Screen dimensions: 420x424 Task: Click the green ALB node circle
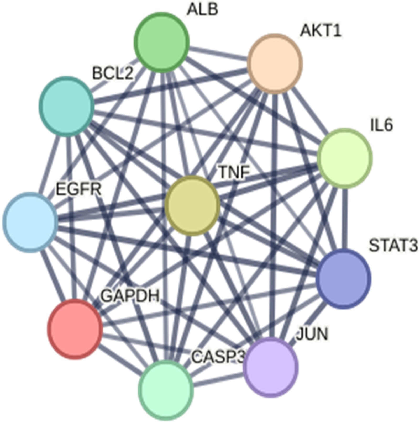click(161, 42)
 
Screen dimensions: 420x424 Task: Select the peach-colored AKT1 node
click(275, 64)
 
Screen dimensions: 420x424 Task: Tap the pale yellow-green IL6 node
click(345, 158)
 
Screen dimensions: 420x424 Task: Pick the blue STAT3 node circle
click(344, 279)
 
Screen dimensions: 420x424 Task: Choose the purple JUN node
click(271, 367)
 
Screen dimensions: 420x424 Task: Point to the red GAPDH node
click(75, 329)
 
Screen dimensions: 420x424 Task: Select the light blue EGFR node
click(30, 222)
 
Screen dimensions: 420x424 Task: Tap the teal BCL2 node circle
click(66, 106)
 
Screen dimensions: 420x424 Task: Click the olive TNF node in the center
click(193, 205)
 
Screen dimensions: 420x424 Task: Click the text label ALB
click(202, 9)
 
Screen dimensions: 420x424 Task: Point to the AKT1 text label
click(320, 31)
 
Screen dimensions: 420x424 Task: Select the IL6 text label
click(381, 125)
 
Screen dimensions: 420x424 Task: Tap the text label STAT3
click(393, 246)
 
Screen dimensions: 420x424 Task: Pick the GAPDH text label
click(130, 296)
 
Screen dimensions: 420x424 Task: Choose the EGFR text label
click(79, 189)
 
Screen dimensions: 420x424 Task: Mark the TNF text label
click(234, 172)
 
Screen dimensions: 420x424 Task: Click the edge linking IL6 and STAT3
click(345, 219)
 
